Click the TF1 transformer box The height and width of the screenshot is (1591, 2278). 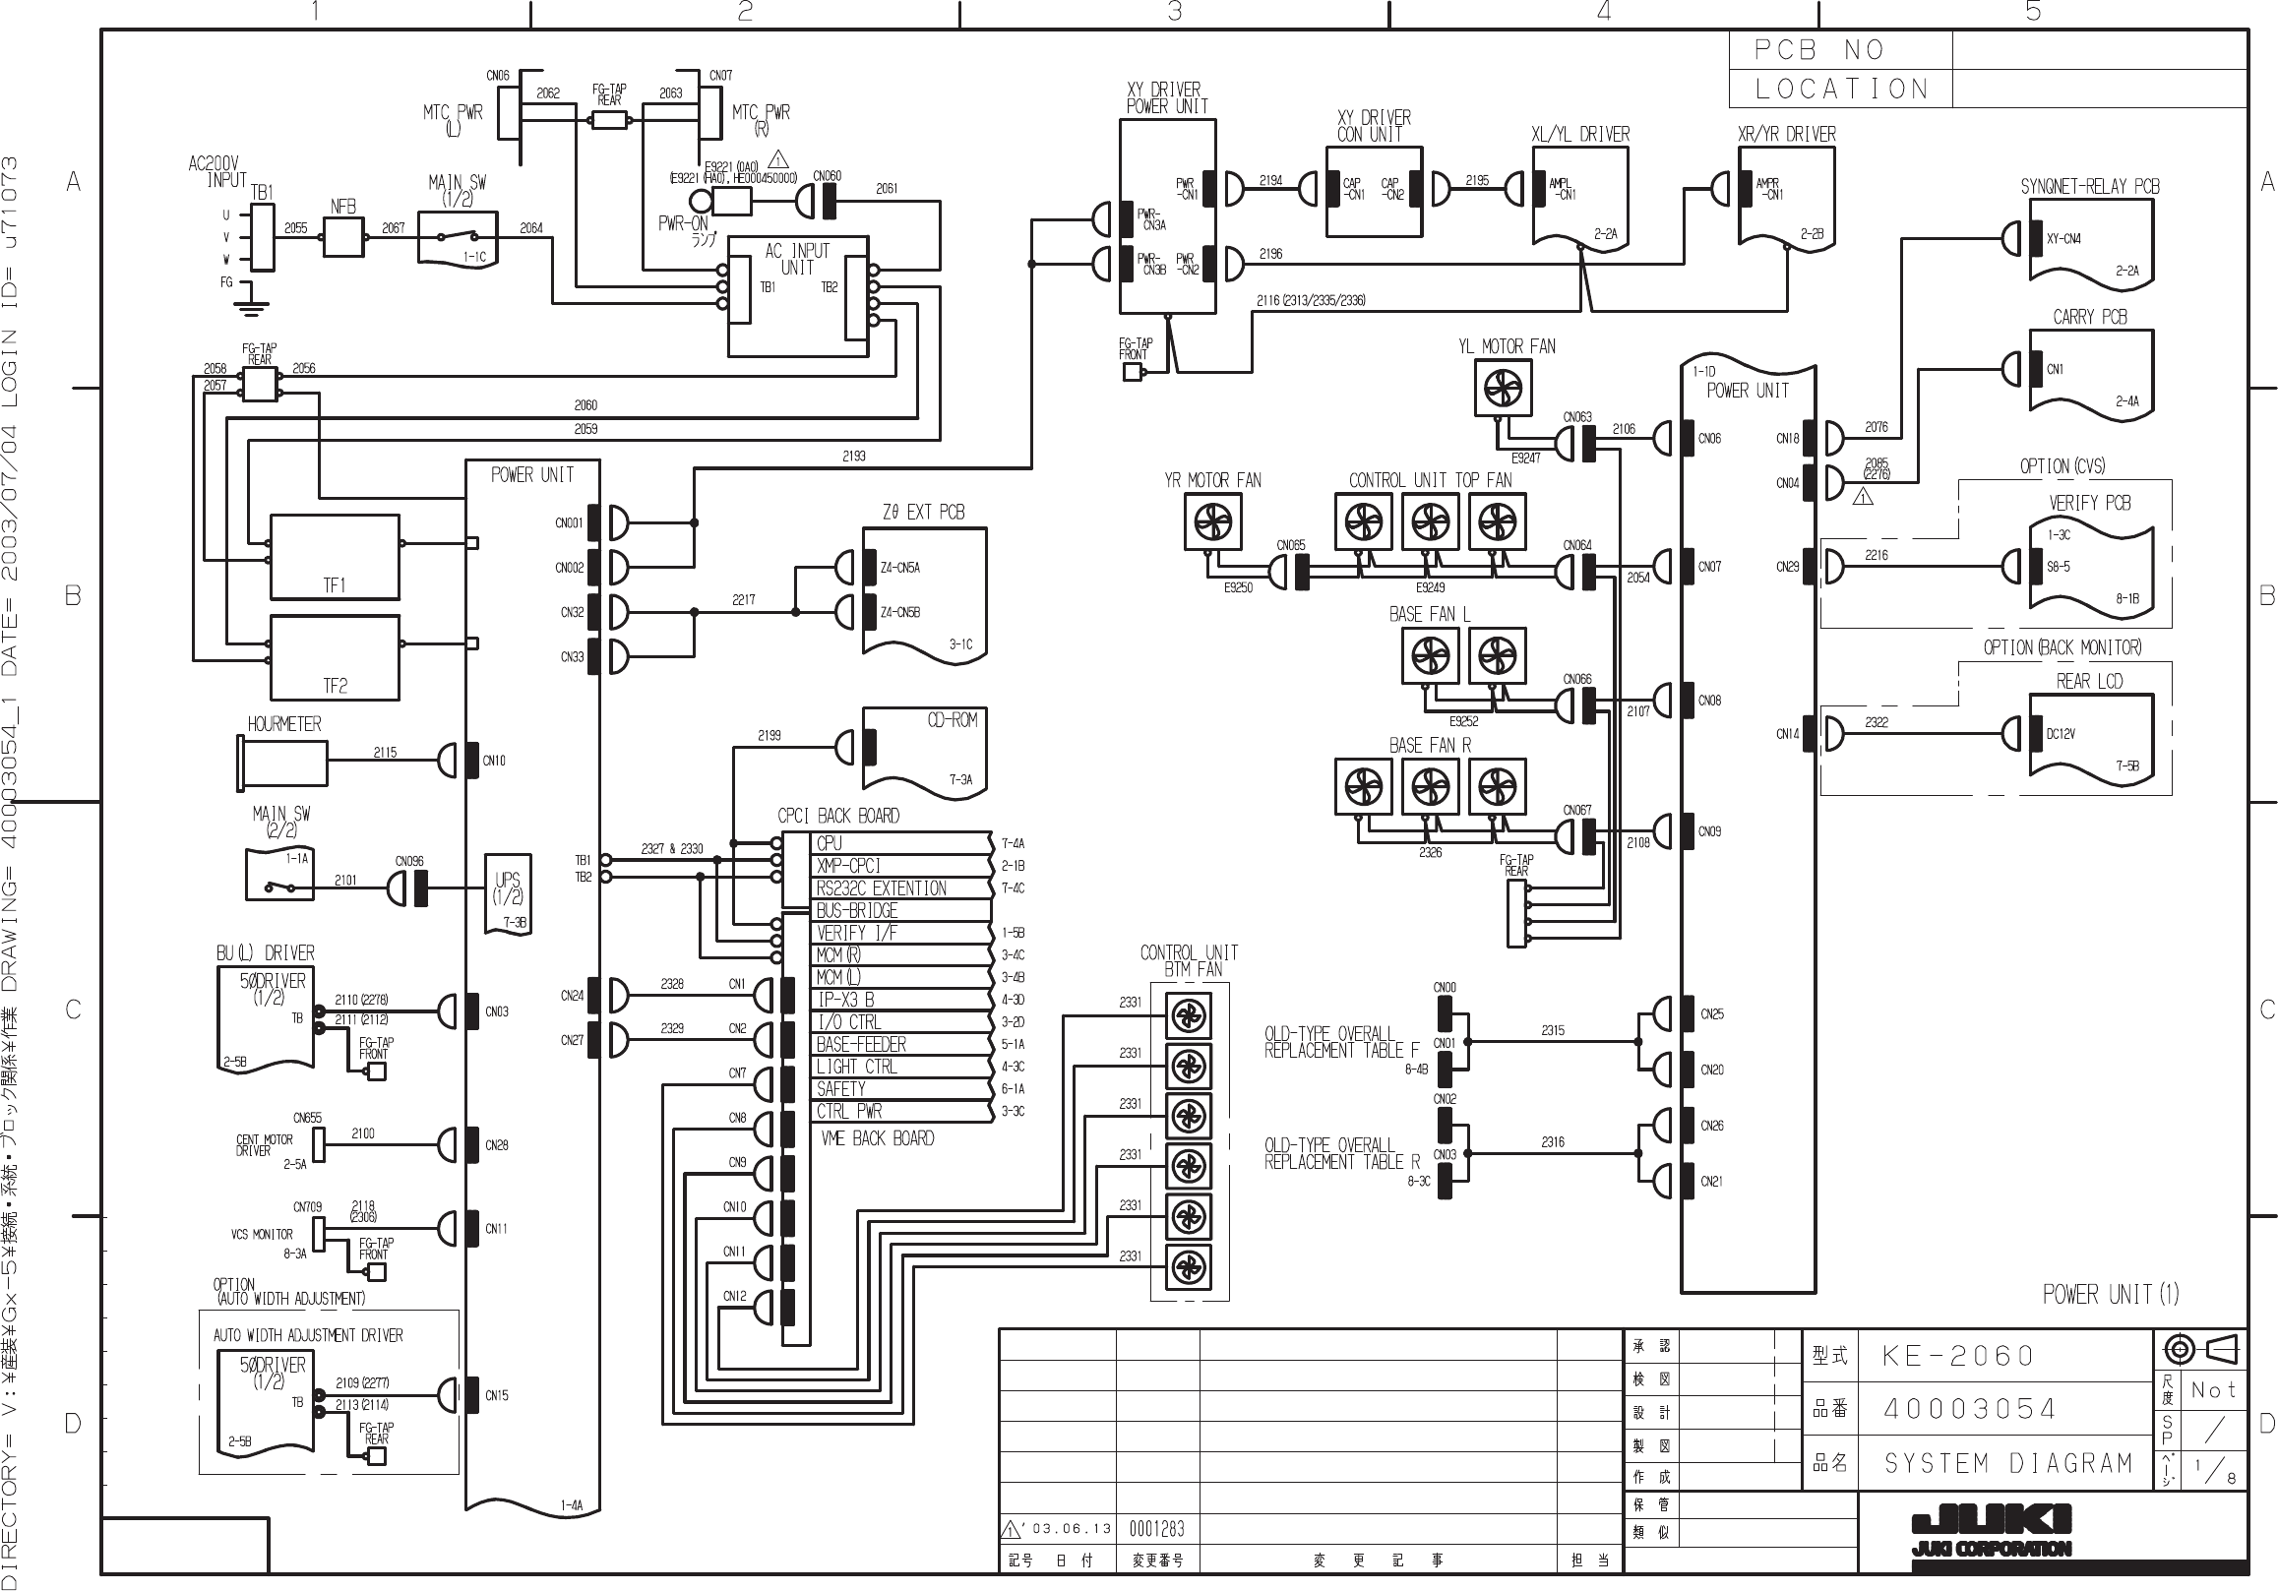point(335,558)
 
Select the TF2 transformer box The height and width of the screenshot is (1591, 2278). point(335,657)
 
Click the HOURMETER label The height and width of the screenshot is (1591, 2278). point(283,724)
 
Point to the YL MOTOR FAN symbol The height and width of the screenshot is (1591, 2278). point(1504,388)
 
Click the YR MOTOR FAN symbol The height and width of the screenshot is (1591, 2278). point(1212,521)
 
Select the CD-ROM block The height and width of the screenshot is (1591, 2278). point(925,749)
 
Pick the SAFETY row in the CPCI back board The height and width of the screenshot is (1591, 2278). point(840,1089)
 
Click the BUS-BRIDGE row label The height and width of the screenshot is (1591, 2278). point(856,910)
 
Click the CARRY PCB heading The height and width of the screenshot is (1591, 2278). point(2089,318)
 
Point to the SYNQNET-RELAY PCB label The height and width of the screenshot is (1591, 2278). point(2089,187)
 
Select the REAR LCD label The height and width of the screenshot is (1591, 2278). point(2088,682)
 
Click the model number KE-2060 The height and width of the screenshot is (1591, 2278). point(1957,1356)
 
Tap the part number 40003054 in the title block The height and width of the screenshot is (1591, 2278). point(1969,1409)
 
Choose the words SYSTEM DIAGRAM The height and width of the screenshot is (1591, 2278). point(2008,1463)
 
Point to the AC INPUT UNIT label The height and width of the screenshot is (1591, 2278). point(797,260)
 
